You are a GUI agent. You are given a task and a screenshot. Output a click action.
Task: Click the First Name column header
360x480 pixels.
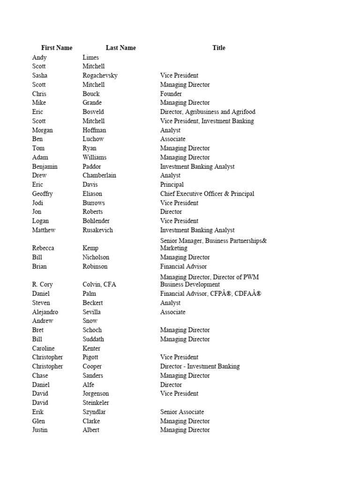pos(57,48)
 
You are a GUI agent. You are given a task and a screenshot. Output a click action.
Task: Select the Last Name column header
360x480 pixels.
pos(120,48)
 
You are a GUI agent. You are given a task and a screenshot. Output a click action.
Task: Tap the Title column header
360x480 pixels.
pos(218,48)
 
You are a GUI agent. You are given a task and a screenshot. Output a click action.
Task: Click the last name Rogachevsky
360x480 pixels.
pos(100,75)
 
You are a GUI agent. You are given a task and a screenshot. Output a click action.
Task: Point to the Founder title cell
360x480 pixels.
pos(171,94)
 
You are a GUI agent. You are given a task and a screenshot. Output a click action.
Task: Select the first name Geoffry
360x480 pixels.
pos(43,194)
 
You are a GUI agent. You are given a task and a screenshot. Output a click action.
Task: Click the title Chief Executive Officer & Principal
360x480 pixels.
pos(207,194)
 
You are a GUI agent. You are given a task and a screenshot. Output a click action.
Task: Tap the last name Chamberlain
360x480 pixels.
pos(99,175)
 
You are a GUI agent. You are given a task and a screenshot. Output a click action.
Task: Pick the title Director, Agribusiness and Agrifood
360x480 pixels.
pos(208,112)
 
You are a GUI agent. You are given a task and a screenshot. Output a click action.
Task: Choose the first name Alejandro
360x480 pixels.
pos(46,312)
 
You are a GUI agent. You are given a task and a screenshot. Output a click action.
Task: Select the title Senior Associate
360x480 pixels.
pos(182,412)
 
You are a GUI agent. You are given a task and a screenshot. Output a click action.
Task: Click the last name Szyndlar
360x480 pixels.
pos(94,412)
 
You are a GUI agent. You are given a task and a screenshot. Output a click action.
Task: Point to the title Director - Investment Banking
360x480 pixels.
pos(200,367)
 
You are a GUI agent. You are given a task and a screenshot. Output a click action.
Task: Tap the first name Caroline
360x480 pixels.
pos(43,348)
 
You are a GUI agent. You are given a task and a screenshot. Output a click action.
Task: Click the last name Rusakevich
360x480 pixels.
pos(97,230)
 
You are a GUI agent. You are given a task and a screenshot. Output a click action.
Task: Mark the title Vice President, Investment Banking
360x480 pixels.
pos(207,121)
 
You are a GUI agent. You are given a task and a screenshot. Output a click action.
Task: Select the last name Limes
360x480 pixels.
pos(91,57)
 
